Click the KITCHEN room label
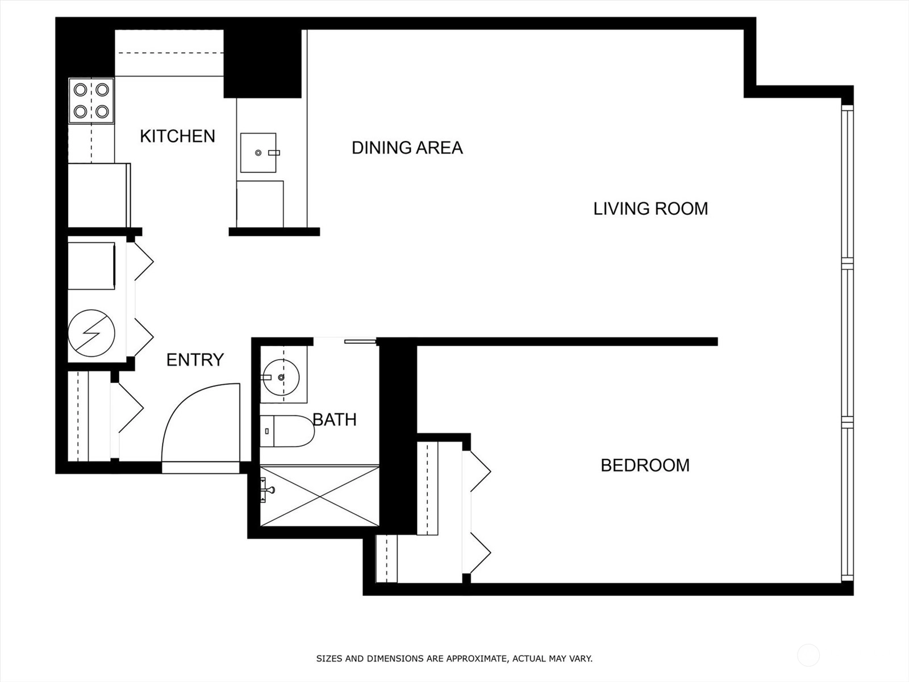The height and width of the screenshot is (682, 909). tap(177, 136)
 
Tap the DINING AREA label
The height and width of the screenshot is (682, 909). tap(407, 148)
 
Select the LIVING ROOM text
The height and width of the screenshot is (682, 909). tap(651, 209)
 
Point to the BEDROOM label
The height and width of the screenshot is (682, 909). tap(645, 465)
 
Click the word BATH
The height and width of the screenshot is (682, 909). tap(335, 420)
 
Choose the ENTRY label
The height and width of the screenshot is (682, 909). tap(195, 360)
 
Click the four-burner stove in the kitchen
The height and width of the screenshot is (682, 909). tap(91, 101)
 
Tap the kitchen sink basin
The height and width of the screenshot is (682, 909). tap(258, 153)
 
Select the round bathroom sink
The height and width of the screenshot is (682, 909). tap(282, 377)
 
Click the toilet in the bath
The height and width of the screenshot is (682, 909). tap(287, 431)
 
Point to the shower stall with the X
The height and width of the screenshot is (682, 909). tap(319, 496)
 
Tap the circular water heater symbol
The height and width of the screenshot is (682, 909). tap(91, 333)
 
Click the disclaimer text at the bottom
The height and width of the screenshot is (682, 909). tap(454, 658)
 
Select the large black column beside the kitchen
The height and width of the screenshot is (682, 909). tap(262, 64)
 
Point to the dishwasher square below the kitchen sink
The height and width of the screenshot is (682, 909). tap(260, 203)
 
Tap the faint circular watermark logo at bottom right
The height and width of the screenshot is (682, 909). tap(808, 656)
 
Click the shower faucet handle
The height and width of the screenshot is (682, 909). tap(268, 490)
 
